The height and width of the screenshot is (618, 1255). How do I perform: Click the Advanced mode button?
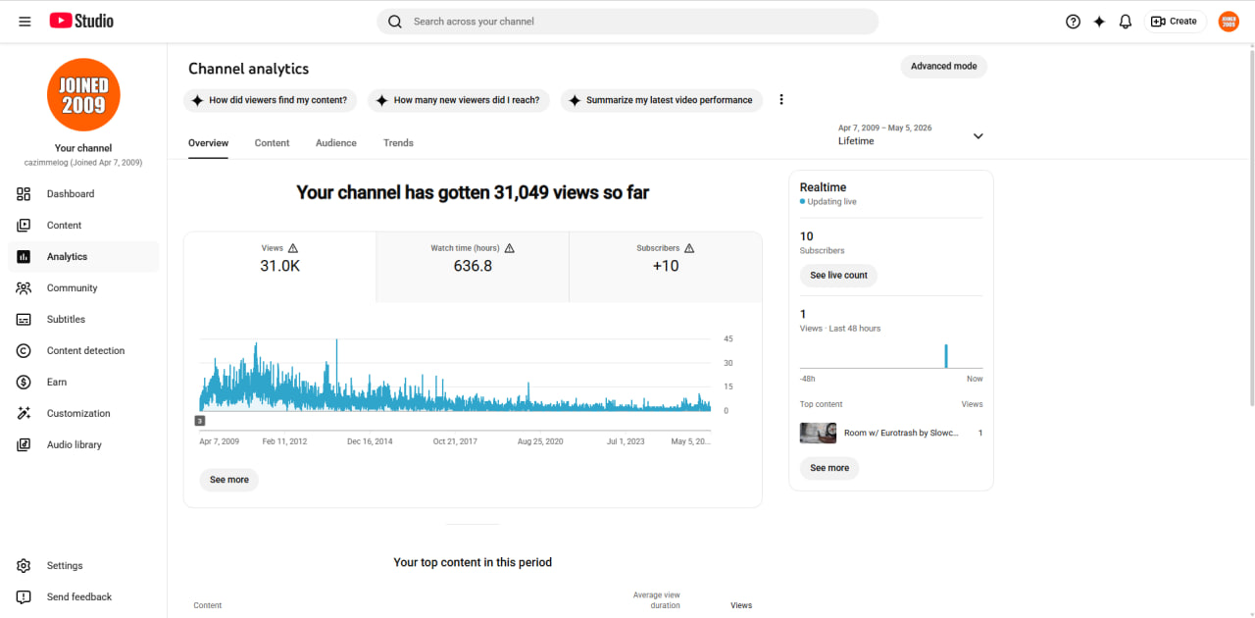click(x=943, y=66)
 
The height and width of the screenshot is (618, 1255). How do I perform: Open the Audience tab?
click(x=335, y=143)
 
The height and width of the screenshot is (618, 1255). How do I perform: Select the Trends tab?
click(x=398, y=143)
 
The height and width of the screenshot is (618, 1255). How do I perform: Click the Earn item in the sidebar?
click(x=57, y=382)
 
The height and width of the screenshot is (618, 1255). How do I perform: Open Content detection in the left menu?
click(x=85, y=350)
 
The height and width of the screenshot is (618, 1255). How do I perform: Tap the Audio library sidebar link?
click(x=74, y=444)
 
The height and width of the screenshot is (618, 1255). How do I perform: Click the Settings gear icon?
click(x=24, y=565)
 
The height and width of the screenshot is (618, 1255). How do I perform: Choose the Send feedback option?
click(x=79, y=596)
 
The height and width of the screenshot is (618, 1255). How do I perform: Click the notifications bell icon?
click(x=1125, y=22)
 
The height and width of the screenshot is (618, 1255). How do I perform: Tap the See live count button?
click(x=838, y=276)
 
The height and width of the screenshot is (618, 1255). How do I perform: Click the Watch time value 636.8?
click(x=473, y=266)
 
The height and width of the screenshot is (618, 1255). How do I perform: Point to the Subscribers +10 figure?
click(x=666, y=266)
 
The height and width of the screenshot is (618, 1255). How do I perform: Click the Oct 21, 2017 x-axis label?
click(x=455, y=441)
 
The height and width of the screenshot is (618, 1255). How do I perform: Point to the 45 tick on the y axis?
click(x=728, y=338)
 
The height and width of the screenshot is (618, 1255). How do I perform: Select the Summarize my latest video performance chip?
click(x=662, y=100)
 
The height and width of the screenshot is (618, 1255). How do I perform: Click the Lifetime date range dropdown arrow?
click(x=979, y=136)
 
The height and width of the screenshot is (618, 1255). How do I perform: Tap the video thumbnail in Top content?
click(x=818, y=433)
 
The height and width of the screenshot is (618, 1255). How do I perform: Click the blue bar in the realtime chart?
click(x=946, y=356)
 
